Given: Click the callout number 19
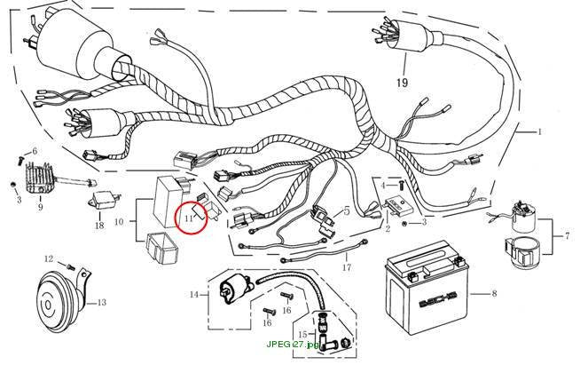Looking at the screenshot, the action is [x=402, y=83].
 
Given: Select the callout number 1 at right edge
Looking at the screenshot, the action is [x=539, y=131].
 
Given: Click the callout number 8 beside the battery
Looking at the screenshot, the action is [x=494, y=293].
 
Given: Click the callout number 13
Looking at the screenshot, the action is [x=102, y=302].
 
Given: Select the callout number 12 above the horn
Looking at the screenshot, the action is [x=49, y=258].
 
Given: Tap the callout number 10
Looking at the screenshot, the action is [x=119, y=221].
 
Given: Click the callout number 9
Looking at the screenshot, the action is [x=40, y=207].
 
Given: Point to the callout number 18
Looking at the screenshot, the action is [x=99, y=226].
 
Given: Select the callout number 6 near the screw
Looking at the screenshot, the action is [x=35, y=151].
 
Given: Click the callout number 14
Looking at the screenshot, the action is [x=194, y=295].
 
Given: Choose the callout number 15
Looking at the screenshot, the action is [x=303, y=334].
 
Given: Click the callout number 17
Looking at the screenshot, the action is [x=347, y=267].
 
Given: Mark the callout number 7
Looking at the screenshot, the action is [x=567, y=236].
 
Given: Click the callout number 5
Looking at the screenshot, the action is [x=347, y=211].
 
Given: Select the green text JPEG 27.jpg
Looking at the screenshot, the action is [x=293, y=345].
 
